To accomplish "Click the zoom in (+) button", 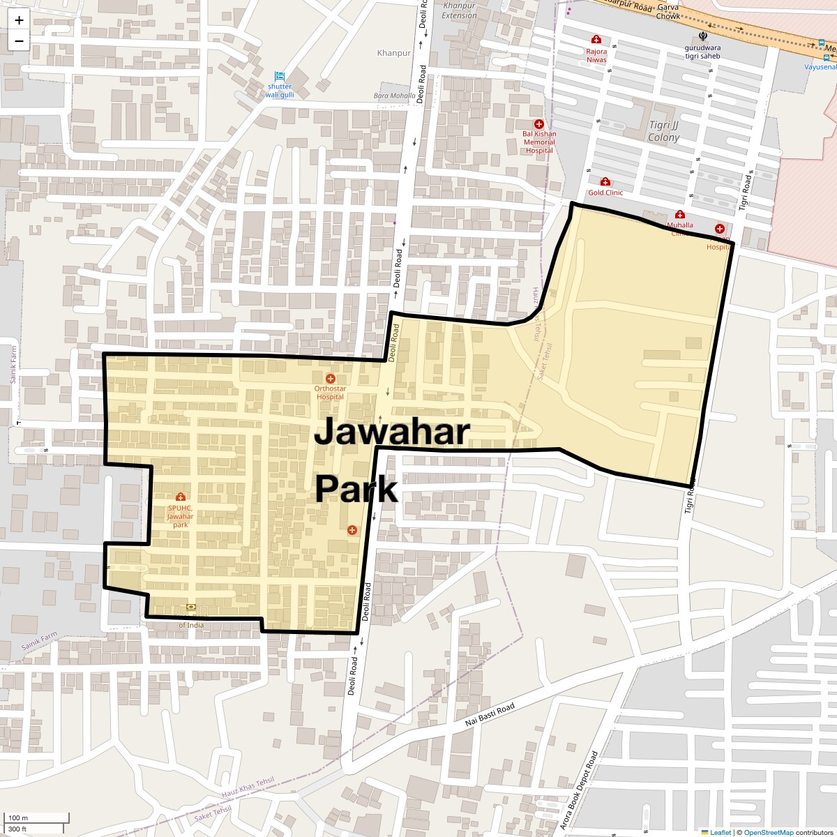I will pyautogui.click(x=19, y=20).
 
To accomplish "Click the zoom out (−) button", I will pyautogui.click(x=19, y=40).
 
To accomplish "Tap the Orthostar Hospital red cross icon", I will pyautogui.click(x=331, y=378).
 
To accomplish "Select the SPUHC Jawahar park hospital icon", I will pyautogui.click(x=181, y=497).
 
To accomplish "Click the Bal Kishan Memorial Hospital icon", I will pyautogui.click(x=539, y=124).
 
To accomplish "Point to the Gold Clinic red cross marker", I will pyautogui.click(x=605, y=182).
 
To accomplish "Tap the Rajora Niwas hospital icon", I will pyautogui.click(x=596, y=40).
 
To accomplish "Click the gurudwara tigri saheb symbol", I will pyautogui.click(x=702, y=36).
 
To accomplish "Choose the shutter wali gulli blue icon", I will pyautogui.click(x=280, y=76).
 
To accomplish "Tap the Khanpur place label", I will pyautogui.click(x=391, y=53).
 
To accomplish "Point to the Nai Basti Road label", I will pyautogui.click(x=490, y=716).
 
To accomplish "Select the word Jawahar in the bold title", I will pyautogui.click(x=393, y=432).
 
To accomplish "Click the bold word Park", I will pyautogui.click(x=356, y=489).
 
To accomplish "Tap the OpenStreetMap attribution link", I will pyautogui.click(x=768, y=832).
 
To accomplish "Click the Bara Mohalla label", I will pyautogui.click(x=395, y=96).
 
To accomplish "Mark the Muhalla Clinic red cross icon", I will pyautogui.click(x=680, y=214).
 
